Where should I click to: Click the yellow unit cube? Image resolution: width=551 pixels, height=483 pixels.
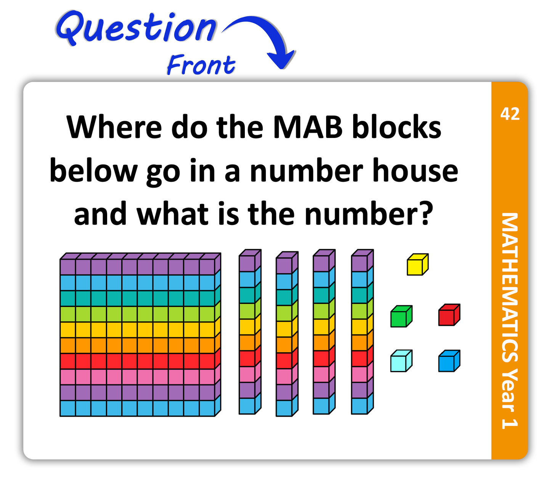pyautogui.click(x=418, y=264)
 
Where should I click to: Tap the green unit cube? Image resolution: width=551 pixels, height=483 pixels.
pyautogui.click(x=402, y=316)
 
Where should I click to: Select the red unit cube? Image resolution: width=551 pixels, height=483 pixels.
pyautogui.click(x=449, y=315)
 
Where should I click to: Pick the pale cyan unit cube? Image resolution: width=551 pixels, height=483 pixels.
pyautogui.click(x=402, y=361)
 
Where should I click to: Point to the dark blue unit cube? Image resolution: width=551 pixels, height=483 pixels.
pyautogui.click(x=449, y=361)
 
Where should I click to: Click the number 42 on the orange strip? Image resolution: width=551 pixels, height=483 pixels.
pyautogui.click(x=510, y=114)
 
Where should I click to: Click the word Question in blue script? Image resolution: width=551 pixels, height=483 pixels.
pyautogui.click(x=136, y=28)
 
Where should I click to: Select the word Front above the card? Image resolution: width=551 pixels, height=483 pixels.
pyautogui.click(x=201, y=64)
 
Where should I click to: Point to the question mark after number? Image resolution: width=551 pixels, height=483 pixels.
pyautogui.click(x=426, y=213)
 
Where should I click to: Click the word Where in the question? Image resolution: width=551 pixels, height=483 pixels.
pyautogui.click(x=114, y=127)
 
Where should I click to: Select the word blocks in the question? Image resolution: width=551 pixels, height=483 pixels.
pyautogui.click(x=397, y=127)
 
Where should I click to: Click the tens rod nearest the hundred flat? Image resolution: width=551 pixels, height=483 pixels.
pyautogui.click(x=250, y=332)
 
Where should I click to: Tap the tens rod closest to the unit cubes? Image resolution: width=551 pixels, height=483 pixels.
pyautogui.click(x=362, y=332)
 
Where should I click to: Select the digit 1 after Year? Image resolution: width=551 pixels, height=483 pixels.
pyautogui.click(x=509, y=423)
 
